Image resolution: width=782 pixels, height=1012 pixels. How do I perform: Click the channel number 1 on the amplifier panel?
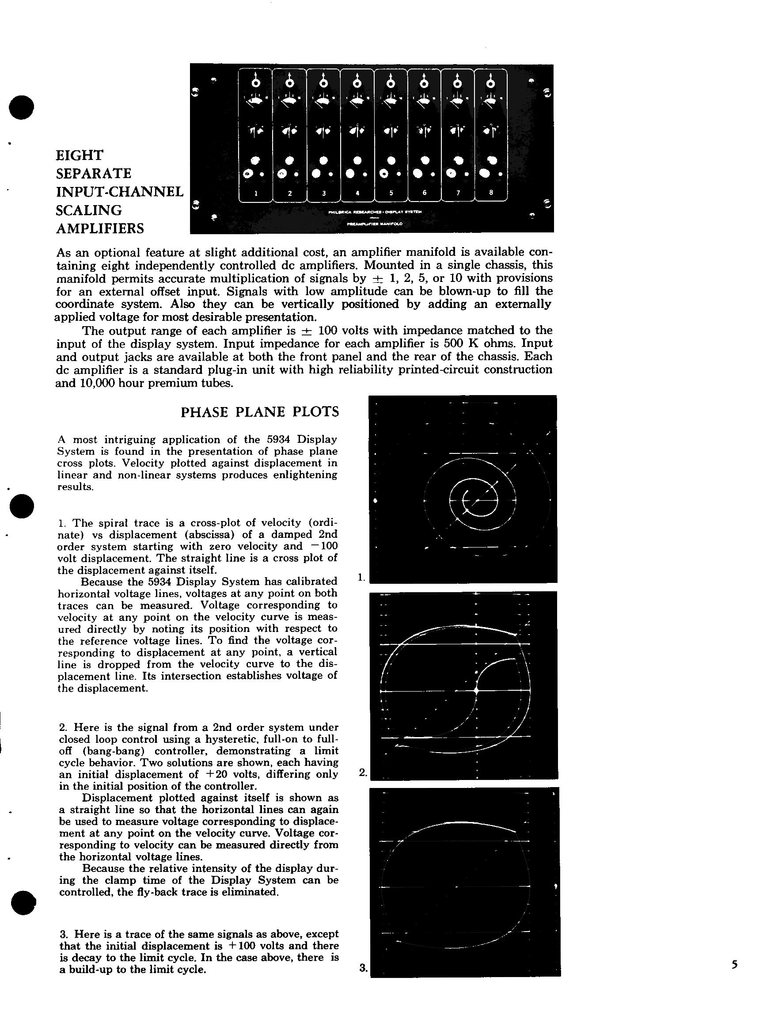pyautogui.click(x=256, y=193)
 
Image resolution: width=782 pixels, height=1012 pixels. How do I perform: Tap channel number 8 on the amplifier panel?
pyautogui.click(x=491, y=192)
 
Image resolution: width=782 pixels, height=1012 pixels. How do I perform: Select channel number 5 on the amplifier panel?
pyautogui.click(x=391, y=193)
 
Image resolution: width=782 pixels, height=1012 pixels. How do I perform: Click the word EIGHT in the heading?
pyautogui.click(x=79, y=155)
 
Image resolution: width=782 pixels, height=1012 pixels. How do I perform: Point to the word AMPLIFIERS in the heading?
pyautogui.click(x=99, y=228)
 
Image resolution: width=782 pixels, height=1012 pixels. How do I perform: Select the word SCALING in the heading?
pyautogui.click(x=88, y=210)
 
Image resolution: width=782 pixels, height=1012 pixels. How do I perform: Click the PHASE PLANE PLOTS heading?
pyautogui.click(x=259, y=412)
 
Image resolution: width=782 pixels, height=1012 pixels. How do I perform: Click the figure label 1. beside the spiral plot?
pyautogui.click(x=361, y=577)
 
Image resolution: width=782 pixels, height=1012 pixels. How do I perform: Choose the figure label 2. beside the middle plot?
pyautogui.click(x=363, y=772)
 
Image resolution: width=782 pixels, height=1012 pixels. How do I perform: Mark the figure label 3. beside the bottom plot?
pyautogui.click(x=363, y=967)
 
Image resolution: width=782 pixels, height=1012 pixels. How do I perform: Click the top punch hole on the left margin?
pyautogui.click(x=21, y=107)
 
